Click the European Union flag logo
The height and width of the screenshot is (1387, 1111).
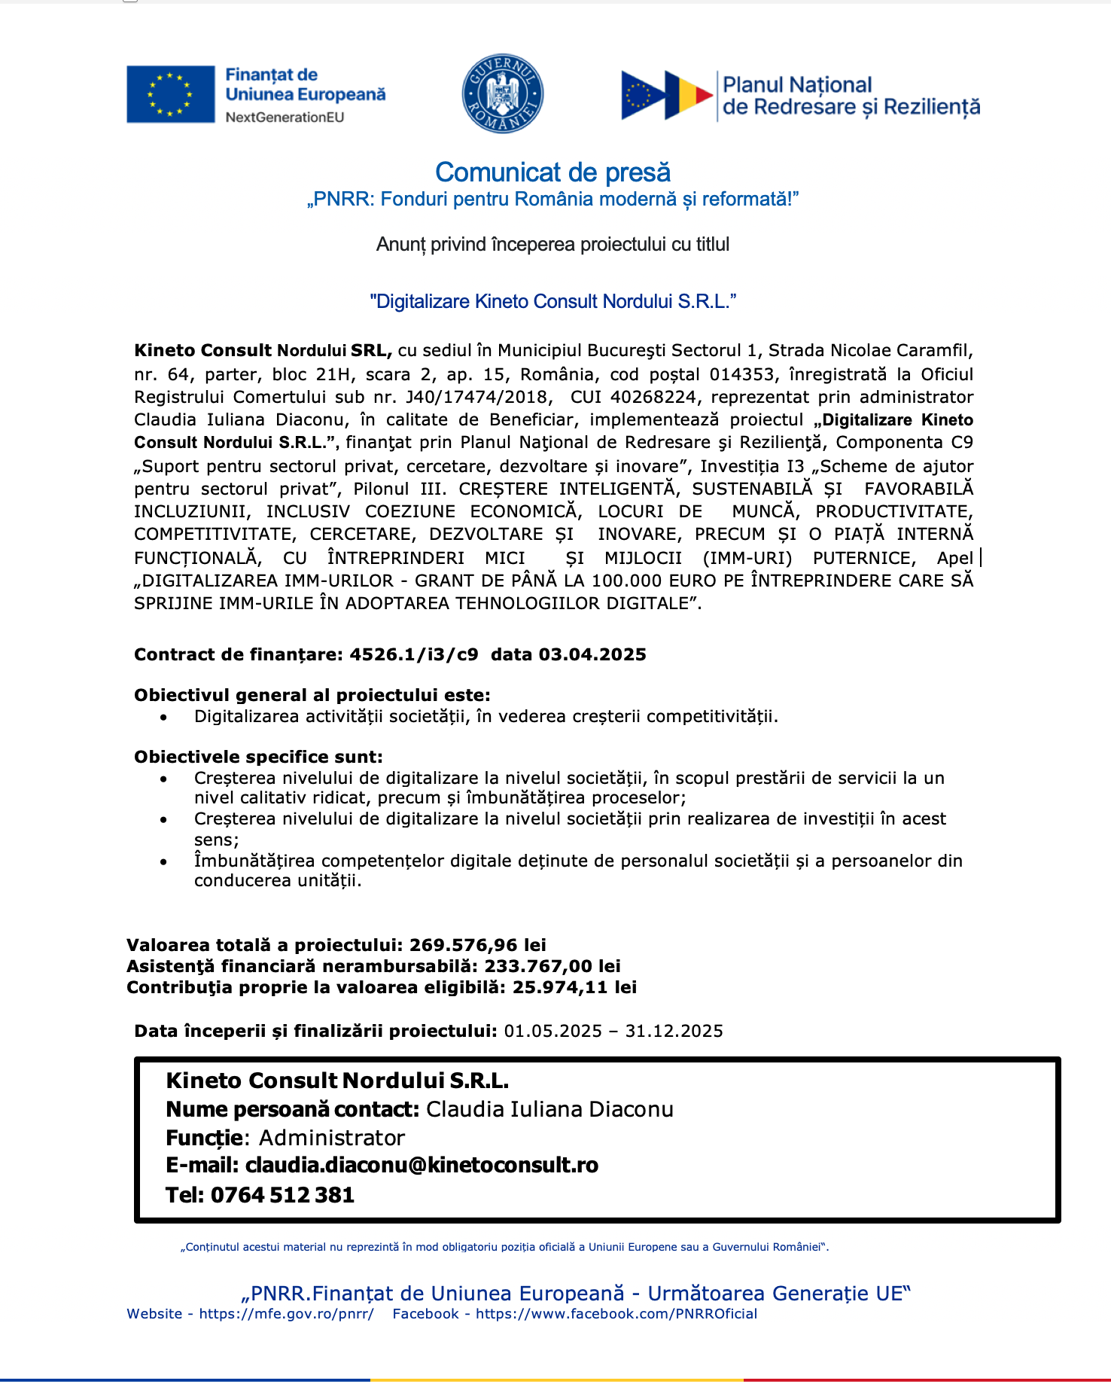click(171, 94)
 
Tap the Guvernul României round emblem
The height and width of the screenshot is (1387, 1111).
click(502, 94)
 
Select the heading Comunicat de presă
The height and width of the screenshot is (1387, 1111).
click(552, 172)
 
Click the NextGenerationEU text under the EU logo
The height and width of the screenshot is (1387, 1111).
click(285, 117)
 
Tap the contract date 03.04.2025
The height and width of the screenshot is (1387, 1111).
click(592, 654)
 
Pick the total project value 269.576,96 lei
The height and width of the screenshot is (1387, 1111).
click(478, 945)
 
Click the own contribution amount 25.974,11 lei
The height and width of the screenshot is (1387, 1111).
click(574, 987)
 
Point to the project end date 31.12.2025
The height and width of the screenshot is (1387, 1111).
click(674, 1031)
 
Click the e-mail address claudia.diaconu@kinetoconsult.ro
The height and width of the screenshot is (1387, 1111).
click(422, 1165)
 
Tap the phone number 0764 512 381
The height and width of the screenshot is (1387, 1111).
click(282, 1195)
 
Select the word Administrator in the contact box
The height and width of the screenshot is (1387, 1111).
click(332, 1138)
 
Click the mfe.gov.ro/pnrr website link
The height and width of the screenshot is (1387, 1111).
click(286, 1314)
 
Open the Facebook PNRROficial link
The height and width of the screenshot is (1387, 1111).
click(616, 1314)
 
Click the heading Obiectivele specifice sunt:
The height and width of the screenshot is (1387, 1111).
click(258, 757)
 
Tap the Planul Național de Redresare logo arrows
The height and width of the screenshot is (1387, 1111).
click(666, 96)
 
